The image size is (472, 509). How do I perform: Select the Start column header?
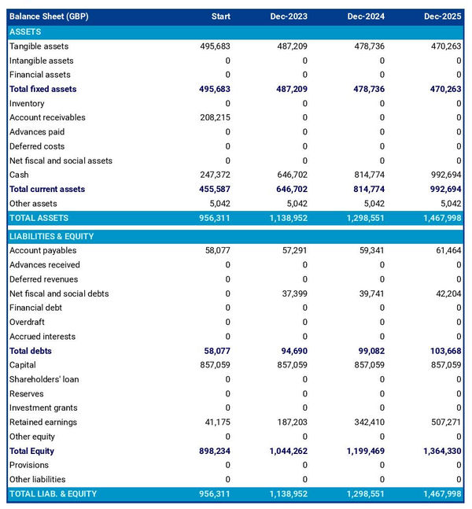point(220,17)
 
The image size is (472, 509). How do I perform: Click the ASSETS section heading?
point(25,31)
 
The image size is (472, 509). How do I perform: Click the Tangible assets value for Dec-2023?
point(289,46)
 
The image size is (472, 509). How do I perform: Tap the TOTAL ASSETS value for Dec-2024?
point(360,218)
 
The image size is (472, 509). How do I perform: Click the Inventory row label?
point(27,104)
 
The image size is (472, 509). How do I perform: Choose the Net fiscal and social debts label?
point(59,293)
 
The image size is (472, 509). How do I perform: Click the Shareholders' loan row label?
point(44,379)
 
